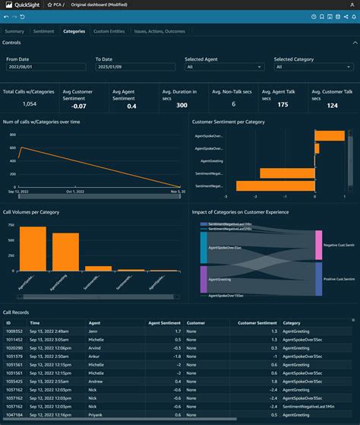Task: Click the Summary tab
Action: click(x=14, y=31)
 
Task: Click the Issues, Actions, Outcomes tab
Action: click(x=159, y=31)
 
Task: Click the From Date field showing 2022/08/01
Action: click(x=46, y=67)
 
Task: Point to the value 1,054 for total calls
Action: click(x=29, y=103)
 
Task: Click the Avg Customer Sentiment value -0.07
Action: click(x=78, y=106)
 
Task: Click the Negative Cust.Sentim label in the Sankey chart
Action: click(x=339, y=245)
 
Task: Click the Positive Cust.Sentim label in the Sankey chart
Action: click(x=339, y=280)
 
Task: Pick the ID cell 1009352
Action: click(x=14, y=331)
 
